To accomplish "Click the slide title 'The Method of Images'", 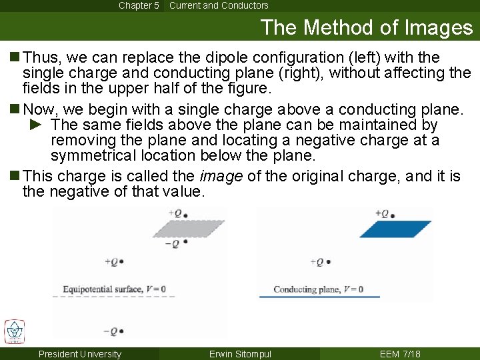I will pos(367,27).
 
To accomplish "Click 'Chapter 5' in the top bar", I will pos(139,5).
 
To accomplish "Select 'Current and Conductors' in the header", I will pos(219,5).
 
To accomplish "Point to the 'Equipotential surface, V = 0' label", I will pos(114,289).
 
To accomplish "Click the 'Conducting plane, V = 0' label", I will pos(319,289).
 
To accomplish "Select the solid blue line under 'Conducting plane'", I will pos(319,297).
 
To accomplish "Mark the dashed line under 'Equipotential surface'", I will pos(114,297).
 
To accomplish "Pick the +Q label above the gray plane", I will pos(177,214).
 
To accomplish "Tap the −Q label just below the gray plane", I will pos(175,243).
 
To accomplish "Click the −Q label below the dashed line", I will pos(113,331).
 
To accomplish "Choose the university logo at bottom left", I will pos(14,331).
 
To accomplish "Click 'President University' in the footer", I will pos(80,354).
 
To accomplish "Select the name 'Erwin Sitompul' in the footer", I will pos(240,354).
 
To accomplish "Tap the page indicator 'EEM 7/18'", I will pos(400,354).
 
